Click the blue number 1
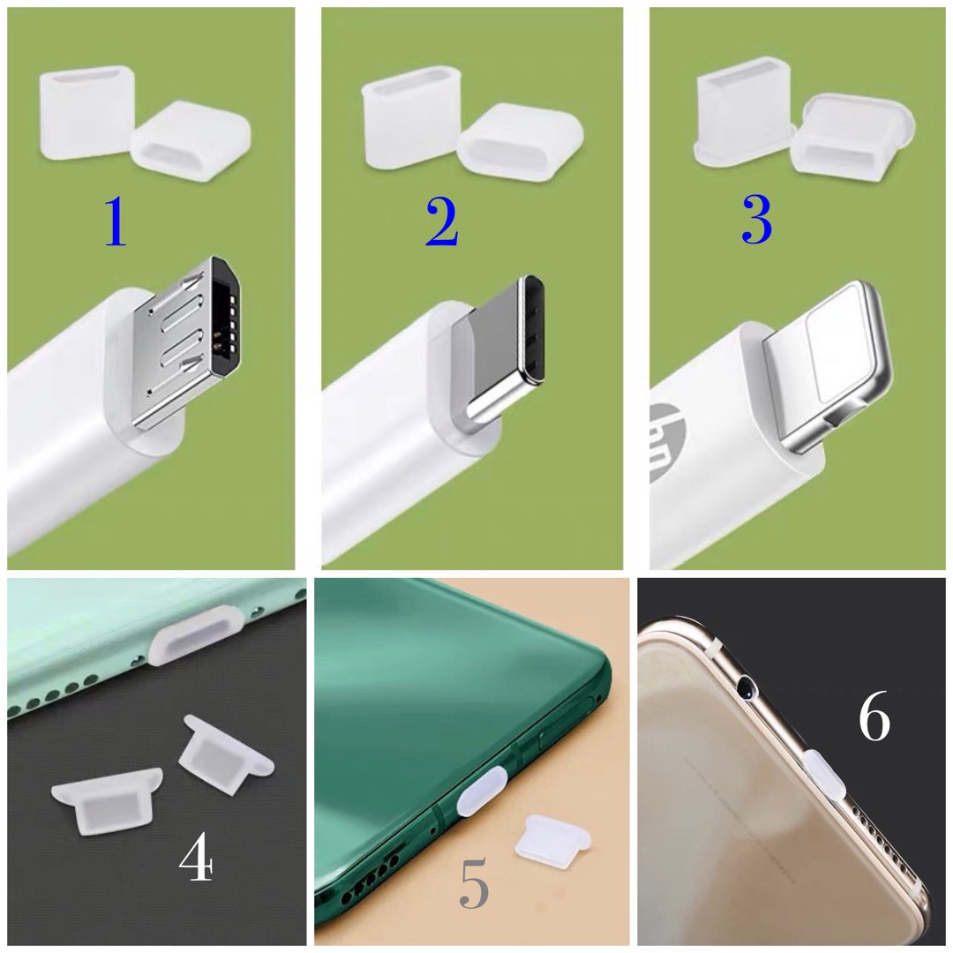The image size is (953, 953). point(116,221)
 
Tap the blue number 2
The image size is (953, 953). point(441,221)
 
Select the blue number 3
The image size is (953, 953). point(756,220)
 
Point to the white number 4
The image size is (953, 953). point(196,857)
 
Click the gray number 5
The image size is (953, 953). point(474,885)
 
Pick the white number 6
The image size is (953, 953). point(874,719)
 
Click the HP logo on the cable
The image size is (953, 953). point(664,441)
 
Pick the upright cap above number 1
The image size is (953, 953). point(86,115)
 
